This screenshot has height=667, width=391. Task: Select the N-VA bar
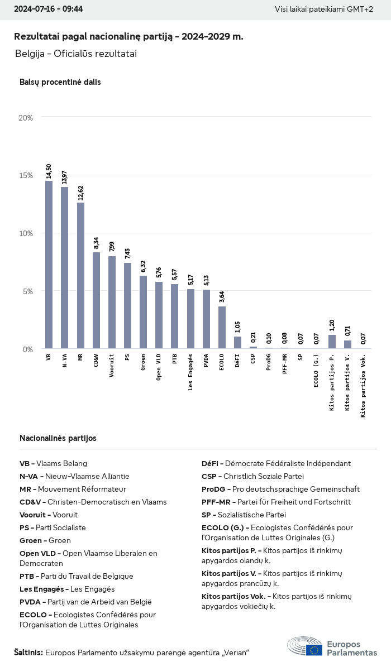tap(65, 268)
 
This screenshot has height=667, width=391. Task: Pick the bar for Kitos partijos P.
tap(332, 342)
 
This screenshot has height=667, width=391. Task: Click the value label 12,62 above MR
tap(80, 190)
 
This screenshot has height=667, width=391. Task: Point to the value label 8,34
tap(96, 243)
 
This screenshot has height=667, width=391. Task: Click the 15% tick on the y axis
tap(26, 175)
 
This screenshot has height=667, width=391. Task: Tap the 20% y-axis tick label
tap(26, 118)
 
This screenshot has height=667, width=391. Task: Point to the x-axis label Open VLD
tap(159, 367)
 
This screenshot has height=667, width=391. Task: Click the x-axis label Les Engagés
tap(190, 372)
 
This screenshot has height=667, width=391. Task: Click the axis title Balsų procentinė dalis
tap(60, 82)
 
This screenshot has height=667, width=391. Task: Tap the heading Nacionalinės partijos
tap(58, 438)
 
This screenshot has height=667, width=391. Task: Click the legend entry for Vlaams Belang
tap(53, 463)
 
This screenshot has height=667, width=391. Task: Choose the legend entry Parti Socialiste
tap(53, 527)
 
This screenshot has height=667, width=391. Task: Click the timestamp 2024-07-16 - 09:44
tap(48, 9)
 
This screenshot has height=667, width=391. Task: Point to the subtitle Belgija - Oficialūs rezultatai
tap(76, 54)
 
